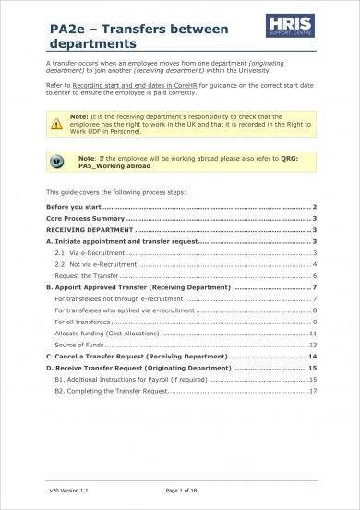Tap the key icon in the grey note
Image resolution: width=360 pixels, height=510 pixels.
click(x=64, y=160)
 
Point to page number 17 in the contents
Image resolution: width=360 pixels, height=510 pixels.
click(x=314, y=390)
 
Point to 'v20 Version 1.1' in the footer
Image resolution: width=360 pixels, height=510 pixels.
click(x=67, y=489)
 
